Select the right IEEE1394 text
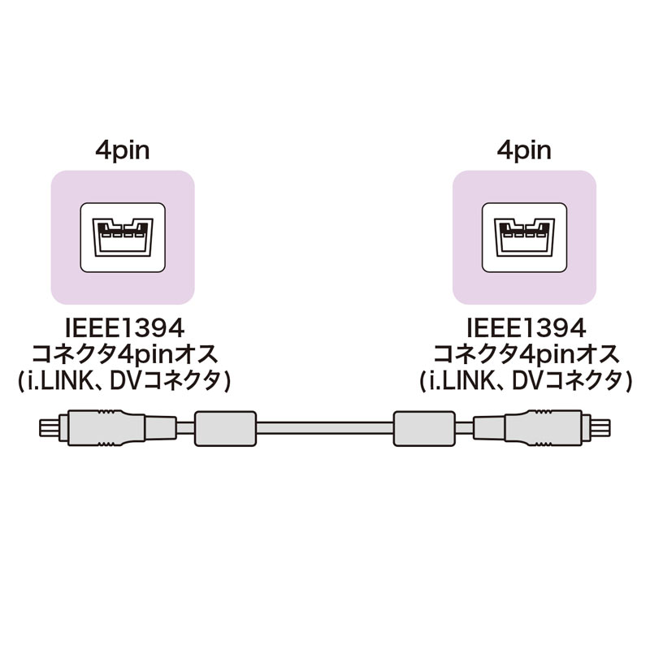(525, 329)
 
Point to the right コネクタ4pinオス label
(525, 355)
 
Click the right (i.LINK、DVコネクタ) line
(525, 381)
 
